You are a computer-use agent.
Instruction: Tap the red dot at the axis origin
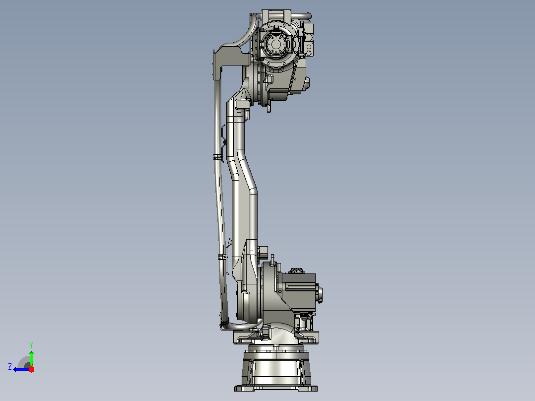(x=31, y=369)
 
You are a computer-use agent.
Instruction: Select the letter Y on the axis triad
(x=31, y=345)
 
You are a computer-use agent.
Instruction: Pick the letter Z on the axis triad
(x=10, y=367)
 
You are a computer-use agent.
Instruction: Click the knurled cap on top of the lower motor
(x=296, y=270)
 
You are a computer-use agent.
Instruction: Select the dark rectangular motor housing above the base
(x=299, y=291)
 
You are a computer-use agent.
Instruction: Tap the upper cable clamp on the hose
(x=217, y=157)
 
